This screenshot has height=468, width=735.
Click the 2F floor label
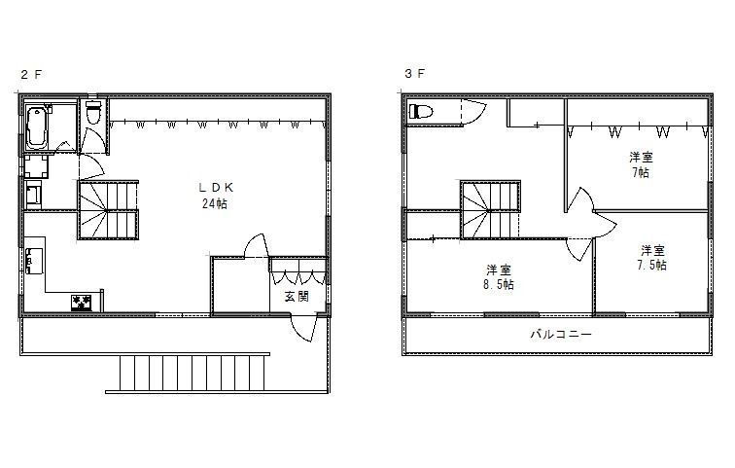tap(31, 75)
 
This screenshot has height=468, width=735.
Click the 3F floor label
tap(415, 74)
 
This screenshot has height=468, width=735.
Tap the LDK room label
tap(216, 188)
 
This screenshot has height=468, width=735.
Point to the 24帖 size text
tap(215, 203)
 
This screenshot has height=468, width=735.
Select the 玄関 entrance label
tap(297, 297)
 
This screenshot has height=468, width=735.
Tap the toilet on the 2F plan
tap(93, 113)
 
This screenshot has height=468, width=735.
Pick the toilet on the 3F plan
tap(420, 112)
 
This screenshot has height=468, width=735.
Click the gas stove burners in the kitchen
tap(82, 302)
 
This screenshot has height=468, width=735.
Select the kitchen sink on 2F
tap(34, 261)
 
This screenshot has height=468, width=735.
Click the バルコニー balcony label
tap(561, 335)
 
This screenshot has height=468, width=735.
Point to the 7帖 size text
tap(641, 172)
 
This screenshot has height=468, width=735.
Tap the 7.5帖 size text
tap(652, 265)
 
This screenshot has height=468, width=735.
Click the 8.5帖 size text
tap(499, 285)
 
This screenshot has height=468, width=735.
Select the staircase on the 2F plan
tap(108, 210)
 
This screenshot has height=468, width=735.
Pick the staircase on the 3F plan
tap(490, 209)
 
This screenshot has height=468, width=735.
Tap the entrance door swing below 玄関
tap(303, 328)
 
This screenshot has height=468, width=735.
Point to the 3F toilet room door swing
tap(474, 113)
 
